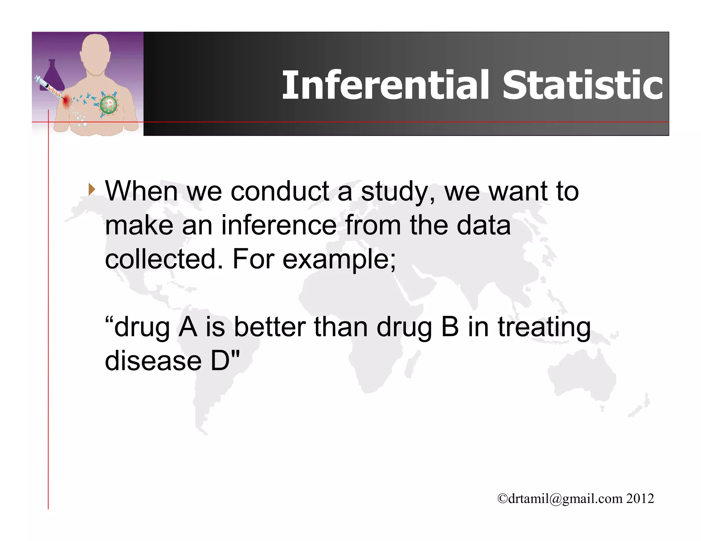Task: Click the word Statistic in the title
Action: coord(582,85)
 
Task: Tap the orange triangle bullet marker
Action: coord(91,189)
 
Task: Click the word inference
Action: coord(279,225)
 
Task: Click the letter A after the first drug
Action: coord(188,327)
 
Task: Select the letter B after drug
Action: coord(450,327)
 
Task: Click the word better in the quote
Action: coord(270,327)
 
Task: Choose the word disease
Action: coord(153,361)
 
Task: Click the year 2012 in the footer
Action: coord(640,498)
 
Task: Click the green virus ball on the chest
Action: coord(109,105)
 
